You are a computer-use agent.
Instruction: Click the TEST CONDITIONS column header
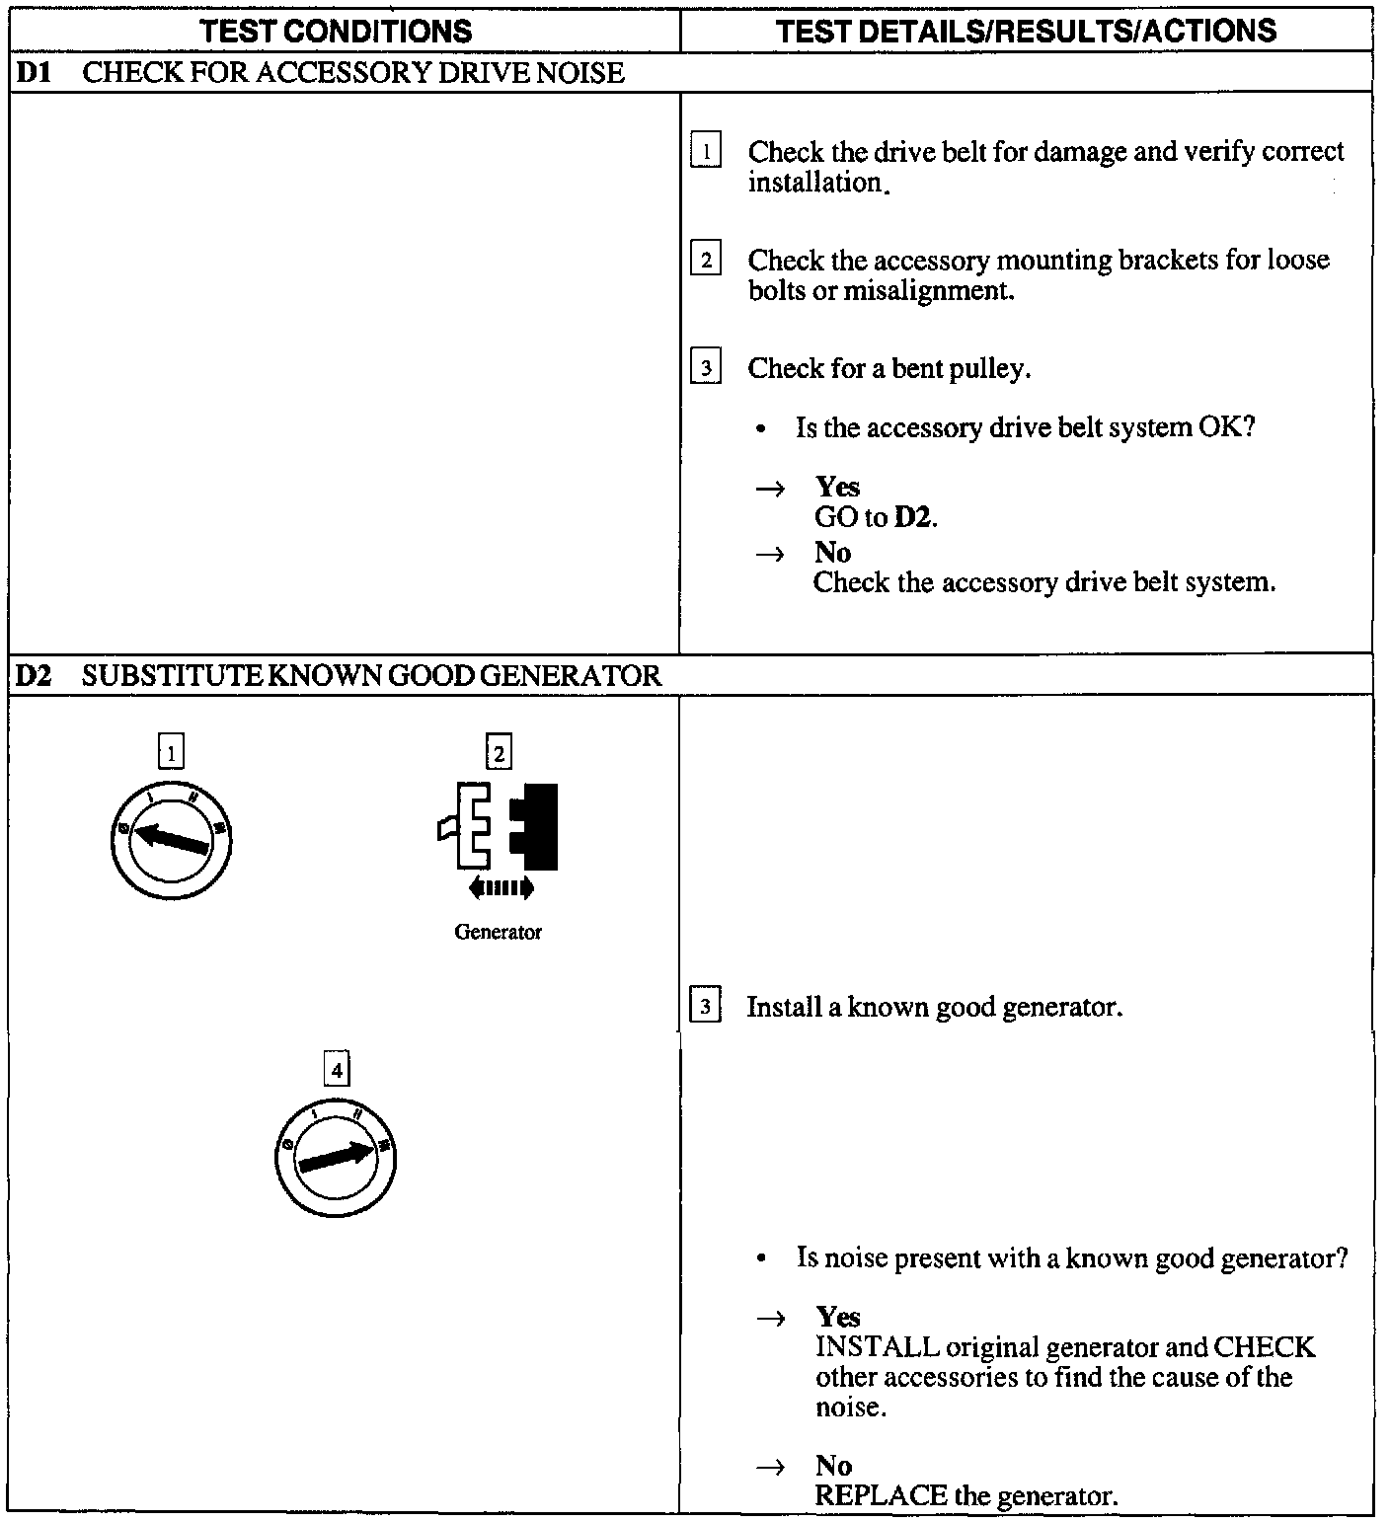point(336,31)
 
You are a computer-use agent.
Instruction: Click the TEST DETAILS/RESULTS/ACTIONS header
point(1026,31)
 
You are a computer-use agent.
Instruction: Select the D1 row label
point(35,73)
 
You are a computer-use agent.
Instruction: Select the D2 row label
point(35,676)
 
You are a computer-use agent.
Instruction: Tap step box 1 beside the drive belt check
point(705,152)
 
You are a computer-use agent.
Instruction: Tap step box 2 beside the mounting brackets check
point(705,261)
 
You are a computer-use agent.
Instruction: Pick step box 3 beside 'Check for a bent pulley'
point(705,368)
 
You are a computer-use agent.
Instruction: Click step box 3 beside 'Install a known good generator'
point(705,1008)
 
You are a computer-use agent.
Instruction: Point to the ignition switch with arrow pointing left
point(171,840)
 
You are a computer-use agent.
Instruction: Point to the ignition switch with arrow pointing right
point(336,1156)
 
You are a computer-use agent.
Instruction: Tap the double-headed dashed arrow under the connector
point(501,888)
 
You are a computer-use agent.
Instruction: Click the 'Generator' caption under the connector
point(498,932)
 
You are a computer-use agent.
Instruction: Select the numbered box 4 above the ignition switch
point(337,1070)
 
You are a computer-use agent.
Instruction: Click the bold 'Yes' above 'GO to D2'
point(837,487)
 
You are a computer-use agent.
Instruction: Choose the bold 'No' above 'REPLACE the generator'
point(833,1466)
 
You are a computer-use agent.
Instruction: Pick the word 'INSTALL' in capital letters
point(877,1347)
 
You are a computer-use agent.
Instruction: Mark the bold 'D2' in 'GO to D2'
point(913,517)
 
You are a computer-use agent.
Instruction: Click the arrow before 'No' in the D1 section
point(770,554)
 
